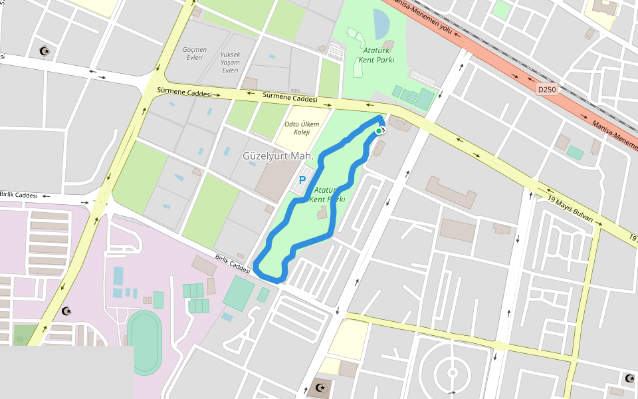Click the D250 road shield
pyautogui.click(x=546, y=89)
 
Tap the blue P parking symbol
pyautogui.click(x=302, y=180)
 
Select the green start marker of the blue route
pyautogui.click(x=378, y=132)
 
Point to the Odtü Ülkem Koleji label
pyautogui.click(x=302, y=128)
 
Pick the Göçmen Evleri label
pyautogui.click(x=195, y=53)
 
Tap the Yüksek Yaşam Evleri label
pyautogui.click(x=230, y=63)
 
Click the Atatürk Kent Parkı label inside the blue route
pyautogui.click(x=327, y=194)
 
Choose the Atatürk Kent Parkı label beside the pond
pyautogui.click(x=377, y=55)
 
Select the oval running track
pyautogui.click(x=144, y=342)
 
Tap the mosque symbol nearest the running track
pyautogui.click(x=66, y=311)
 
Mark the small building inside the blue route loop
pyautogui.click(x=322, y=213)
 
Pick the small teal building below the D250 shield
pyautogui.click(x=575, y=153)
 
